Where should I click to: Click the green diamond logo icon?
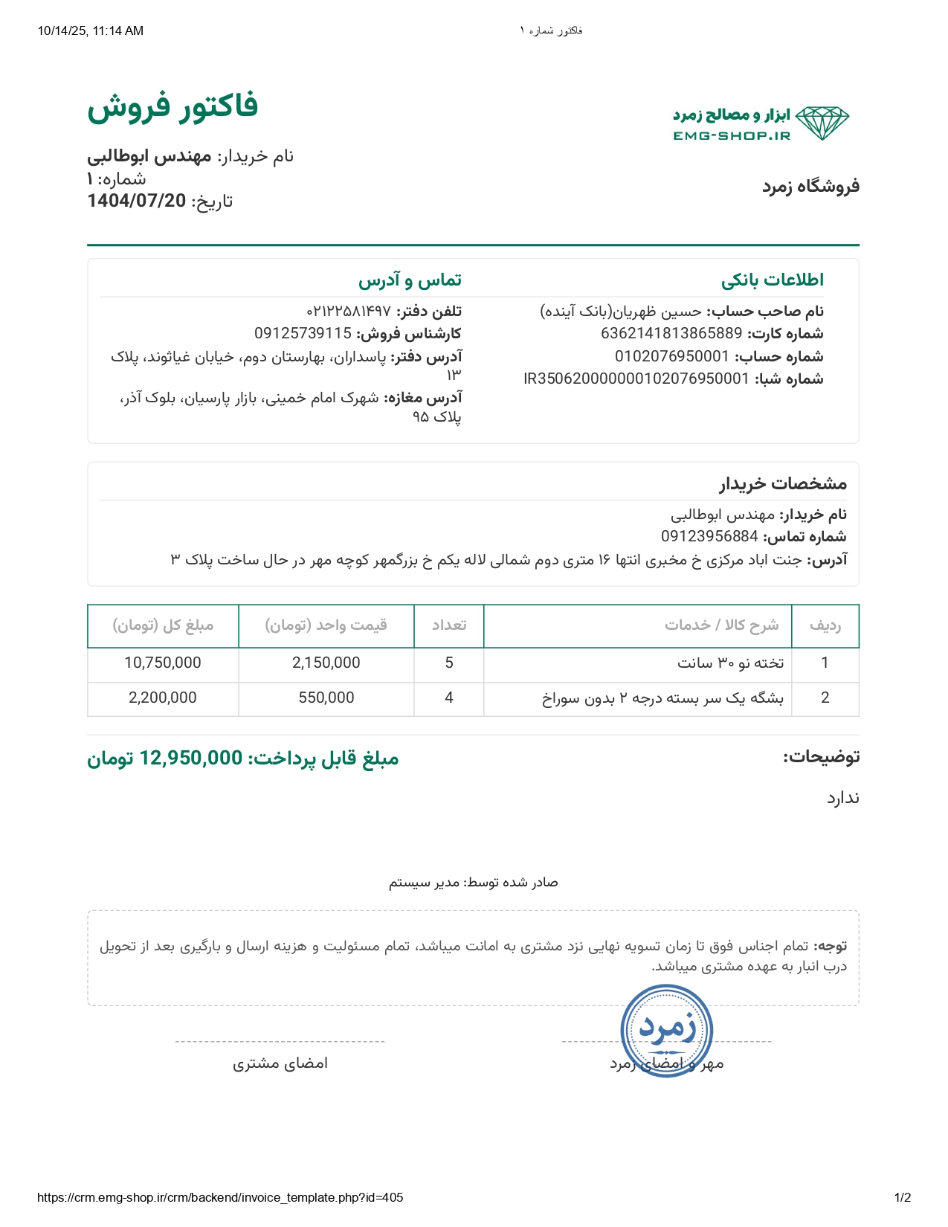tap(822, 123)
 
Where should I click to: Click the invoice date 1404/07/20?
tap(136, 201)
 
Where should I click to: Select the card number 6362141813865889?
tap(671, 333)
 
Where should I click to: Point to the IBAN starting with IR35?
tap(636, 379)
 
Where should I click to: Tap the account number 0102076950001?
tap(672, 356)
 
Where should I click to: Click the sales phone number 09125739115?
tap(303, 333)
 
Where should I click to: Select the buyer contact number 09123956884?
tap(709, 536)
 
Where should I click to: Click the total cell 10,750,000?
tap(162, 663)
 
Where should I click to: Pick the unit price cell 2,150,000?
tap(326, 663)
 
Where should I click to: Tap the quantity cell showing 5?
tap(449, 663)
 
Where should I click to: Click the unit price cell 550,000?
tap(326, 698)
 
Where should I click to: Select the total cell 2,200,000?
tap(162, 698)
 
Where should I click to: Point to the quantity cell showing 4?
tap(449, 698)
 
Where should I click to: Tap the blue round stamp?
tap(667, 1031)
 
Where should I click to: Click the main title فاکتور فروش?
tap(172, 106)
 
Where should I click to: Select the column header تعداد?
tap(449, 625)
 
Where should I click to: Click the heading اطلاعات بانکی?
tap(772, 280)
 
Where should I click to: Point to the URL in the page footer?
tap(219, 1197)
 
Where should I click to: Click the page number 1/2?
tap(902, 1197)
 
